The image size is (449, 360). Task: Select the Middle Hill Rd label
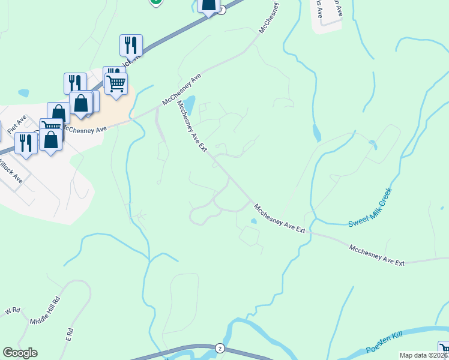click(46, 311)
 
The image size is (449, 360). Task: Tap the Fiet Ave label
click(17, 122)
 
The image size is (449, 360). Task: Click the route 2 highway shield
click(220, 348)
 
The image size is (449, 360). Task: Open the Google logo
click(20, 353)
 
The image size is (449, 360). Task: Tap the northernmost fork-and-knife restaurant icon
click(131, 44)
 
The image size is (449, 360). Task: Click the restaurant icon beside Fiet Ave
click(26, 143)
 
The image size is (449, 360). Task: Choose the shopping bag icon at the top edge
click(208, 5)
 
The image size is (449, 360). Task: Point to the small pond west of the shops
click(23, 93)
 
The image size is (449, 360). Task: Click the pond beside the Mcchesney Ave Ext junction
click(189, 104)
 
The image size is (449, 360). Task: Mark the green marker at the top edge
click(155, 2)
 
